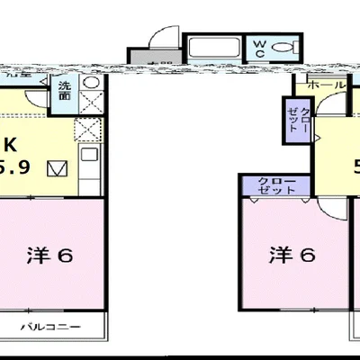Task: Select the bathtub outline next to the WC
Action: click(214, 49)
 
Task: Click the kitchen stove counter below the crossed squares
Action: click(90, 166)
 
